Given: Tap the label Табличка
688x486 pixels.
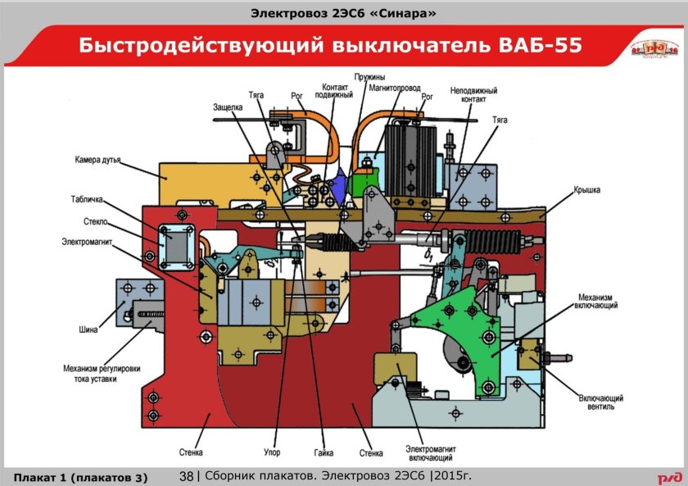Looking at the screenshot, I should [86, 199].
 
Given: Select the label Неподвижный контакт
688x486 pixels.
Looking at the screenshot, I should [473, 94].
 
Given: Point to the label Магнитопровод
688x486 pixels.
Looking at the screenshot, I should [395, 86].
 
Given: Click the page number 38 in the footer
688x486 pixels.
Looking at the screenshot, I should [186, 476].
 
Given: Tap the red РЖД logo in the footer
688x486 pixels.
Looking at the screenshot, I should [668, 476].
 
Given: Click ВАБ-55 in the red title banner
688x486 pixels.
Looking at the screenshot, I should [540, 45].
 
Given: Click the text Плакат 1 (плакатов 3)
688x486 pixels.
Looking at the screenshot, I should [79, 476].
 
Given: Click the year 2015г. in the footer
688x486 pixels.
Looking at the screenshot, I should [453, 476].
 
